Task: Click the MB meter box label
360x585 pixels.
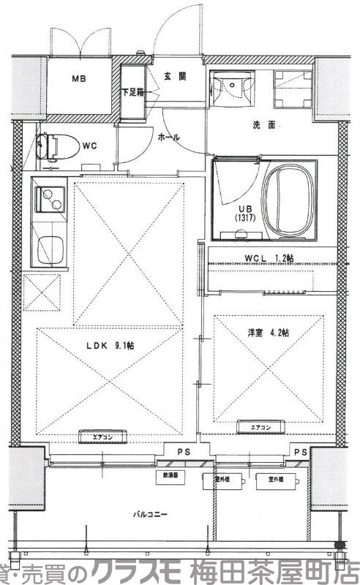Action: coord(77,78)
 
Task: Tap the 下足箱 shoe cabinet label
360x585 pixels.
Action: coord(132,92)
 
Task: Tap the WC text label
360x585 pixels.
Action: coord(90,146)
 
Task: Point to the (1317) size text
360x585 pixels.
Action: coord(244,217)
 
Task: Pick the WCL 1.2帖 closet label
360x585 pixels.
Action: coord(269,257)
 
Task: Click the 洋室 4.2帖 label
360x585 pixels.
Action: coord(268,333)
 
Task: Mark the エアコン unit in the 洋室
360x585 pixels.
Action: coord(260,428)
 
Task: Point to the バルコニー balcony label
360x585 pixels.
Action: coord(150,514)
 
